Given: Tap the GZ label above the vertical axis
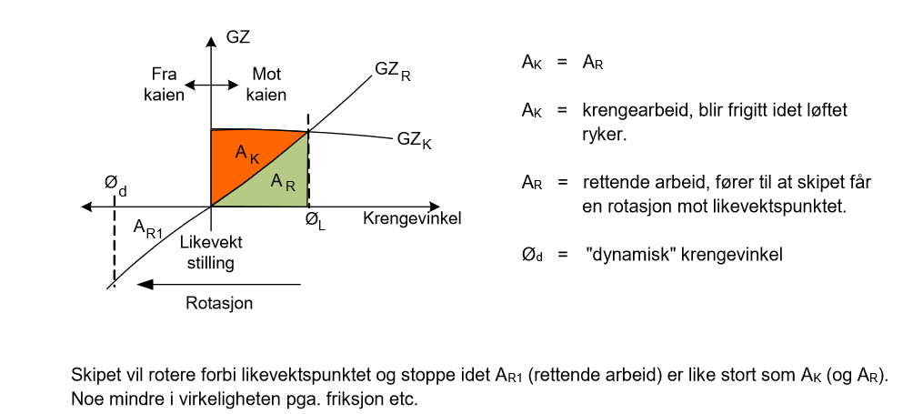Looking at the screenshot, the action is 238,37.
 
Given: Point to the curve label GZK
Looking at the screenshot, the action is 415,141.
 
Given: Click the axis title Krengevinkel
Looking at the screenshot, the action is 412,219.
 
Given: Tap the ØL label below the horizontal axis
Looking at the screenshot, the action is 316,221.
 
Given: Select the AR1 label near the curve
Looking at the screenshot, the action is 147,228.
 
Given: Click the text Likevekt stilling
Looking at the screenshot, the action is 211,253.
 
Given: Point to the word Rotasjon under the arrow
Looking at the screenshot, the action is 219,304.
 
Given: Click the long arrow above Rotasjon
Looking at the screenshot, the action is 219,285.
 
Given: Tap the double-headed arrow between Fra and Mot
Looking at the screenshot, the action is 211,86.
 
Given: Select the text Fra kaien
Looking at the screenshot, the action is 165,85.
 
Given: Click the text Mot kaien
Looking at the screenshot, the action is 266,85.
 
